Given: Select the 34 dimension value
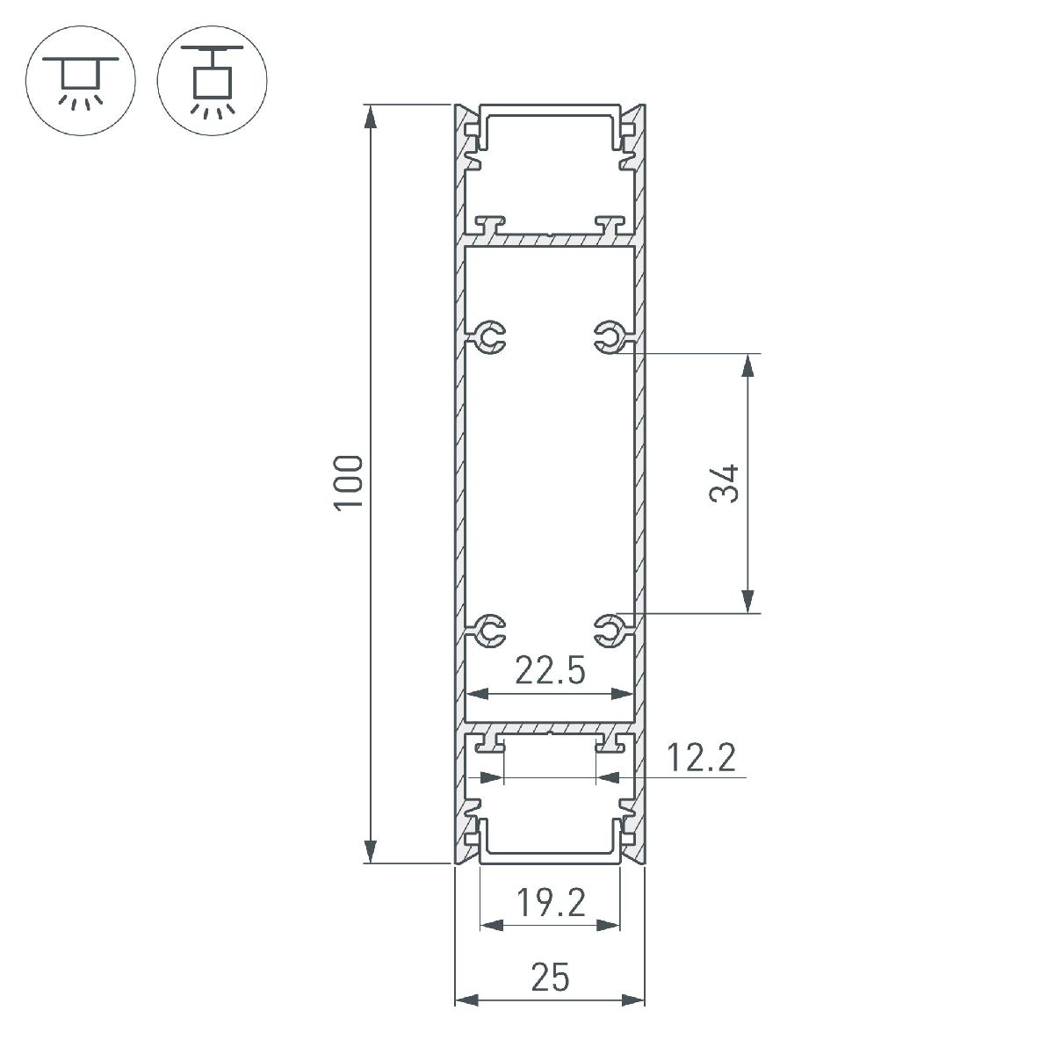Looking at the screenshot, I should coord(726,483).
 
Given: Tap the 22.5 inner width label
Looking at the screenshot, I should coord(550,672).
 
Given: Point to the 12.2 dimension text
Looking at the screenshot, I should coord(700,757).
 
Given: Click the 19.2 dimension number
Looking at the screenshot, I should coord(551,902).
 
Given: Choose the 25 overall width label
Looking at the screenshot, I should coord(550,977).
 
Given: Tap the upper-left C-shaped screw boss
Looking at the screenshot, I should coord(490,336).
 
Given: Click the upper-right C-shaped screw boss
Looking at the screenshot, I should coord(608,336).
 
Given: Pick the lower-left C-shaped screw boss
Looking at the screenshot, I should coord(490,628).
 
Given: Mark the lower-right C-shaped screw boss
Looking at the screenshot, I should coord(608,628).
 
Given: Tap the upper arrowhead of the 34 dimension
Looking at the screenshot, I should coord(747,365).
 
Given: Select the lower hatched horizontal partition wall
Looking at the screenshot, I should coord(549,730).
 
